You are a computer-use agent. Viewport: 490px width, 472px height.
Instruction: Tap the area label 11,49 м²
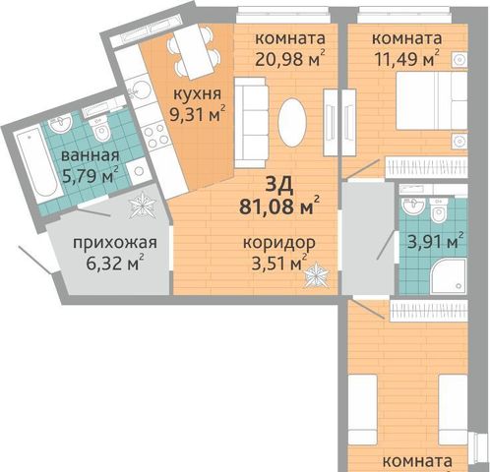pyautogui.click(x=407, y=59)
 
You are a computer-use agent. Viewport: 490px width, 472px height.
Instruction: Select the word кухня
pyautogui.click(x=197, y=94)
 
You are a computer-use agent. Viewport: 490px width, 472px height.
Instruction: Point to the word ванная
pyautogui.click(x=91, y=155)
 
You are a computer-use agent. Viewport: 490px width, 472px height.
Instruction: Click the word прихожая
pyautogui.click(x=115, y=243)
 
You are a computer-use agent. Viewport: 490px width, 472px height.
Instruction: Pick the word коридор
pyautogui.click(x=279, y=243)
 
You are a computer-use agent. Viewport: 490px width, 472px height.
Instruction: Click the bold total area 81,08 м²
pyautogui.click(x=279, y=206)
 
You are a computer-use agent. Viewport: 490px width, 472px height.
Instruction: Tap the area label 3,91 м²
pyautogui.click(x=436, y=242)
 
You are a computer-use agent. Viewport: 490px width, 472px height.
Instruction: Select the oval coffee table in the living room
pyautogui.click(x=292, y=122)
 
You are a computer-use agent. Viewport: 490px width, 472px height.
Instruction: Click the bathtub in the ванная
pyautogui.click(x=37, y=165)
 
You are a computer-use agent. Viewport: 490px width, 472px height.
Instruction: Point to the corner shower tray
pyautogui.click(x=448, y=276)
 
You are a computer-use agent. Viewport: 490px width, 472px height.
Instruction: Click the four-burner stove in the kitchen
pyautogui.click(x=156, y=135)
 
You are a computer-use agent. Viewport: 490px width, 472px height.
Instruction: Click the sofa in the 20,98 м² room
pyautogui.click(x=251, y=123)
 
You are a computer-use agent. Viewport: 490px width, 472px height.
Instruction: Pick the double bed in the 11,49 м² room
pyautogui.click(x=432, y=100)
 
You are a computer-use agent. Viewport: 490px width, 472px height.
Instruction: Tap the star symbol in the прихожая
pyautogui.click(x=142, y=205)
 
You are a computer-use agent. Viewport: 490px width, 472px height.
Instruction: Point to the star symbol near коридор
pyautogui.click(x=316, y=274)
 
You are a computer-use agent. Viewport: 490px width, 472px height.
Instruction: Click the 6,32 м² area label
pyautogui.click(x=115, y=264)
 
